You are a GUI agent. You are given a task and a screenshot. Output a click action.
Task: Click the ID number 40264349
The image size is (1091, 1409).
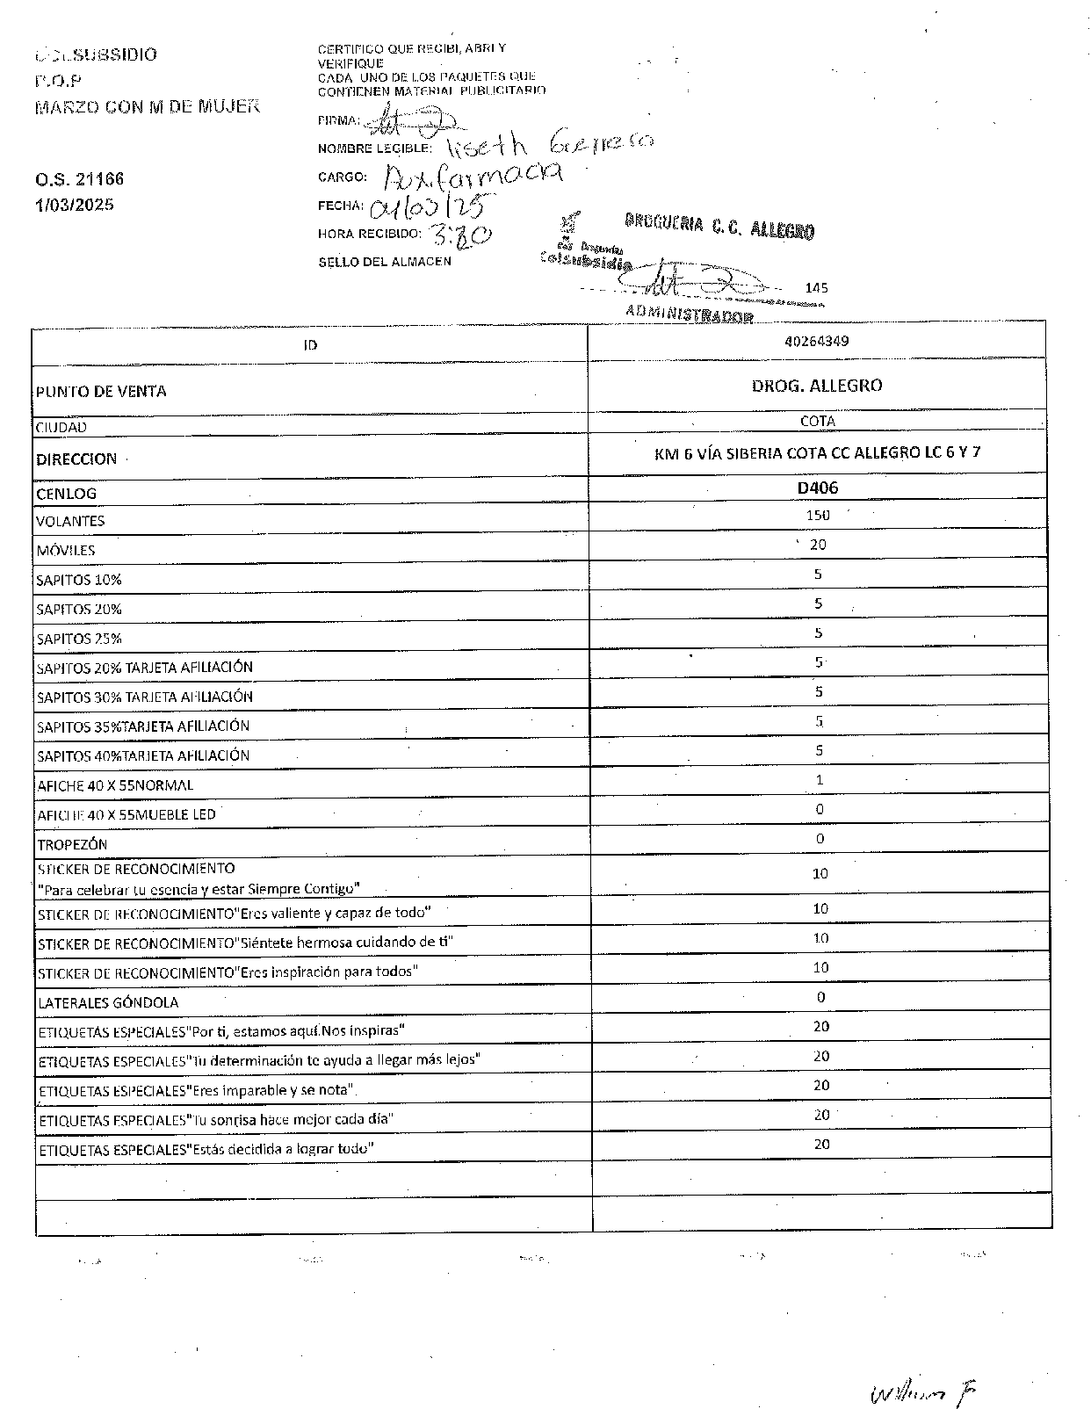[816, 341]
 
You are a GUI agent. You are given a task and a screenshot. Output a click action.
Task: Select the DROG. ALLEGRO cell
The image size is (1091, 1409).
[816, 385]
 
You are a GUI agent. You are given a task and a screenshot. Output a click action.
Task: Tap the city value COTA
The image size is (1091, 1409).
[817, 421]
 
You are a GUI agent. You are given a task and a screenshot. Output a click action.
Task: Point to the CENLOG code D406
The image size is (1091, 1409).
[817, 488]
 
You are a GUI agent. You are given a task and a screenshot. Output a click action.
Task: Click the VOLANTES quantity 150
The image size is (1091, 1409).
[817, 515]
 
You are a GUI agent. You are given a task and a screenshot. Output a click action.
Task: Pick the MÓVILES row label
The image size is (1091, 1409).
[66, 551]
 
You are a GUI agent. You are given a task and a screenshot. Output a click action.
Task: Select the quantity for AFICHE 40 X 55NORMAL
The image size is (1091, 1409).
[819, 779]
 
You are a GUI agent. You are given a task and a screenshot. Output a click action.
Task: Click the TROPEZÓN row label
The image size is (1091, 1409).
[72, 844]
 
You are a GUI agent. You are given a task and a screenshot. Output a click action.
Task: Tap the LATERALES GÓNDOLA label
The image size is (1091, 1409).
[108, 1002]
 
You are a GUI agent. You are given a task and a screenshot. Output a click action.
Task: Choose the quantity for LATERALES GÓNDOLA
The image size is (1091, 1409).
[820, 997]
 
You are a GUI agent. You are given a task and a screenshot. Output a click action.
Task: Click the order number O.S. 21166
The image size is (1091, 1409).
[80, 179]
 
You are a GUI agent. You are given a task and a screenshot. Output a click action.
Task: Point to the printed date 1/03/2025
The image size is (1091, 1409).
[75, 206]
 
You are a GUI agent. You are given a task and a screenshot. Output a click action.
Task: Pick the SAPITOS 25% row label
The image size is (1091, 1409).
[79, 639]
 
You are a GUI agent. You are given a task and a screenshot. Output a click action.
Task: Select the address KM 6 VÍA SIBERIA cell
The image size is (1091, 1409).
[817, 452]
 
